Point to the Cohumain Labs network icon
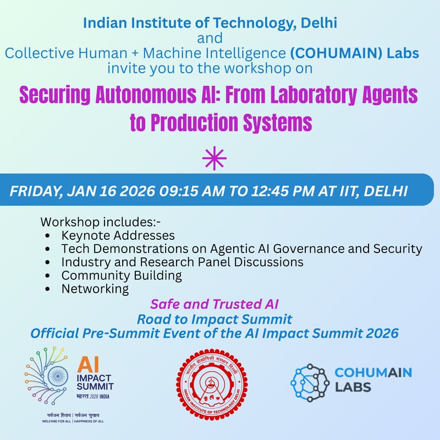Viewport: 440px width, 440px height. [x=309, y=382]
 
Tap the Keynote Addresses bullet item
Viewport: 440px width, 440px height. [x=118, y=235]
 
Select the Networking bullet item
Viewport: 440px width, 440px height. [x=95, y=288]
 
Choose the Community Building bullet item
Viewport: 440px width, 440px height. [x=122, y=275]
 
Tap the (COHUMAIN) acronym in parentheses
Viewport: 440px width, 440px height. [x=327, y=53]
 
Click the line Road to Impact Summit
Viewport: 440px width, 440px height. [x=215, y=318]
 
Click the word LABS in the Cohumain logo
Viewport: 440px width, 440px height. [x=353, y=387]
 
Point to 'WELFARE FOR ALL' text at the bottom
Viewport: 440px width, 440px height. [x=56, y=421]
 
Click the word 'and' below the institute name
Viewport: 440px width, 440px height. [x=210, y=38]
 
